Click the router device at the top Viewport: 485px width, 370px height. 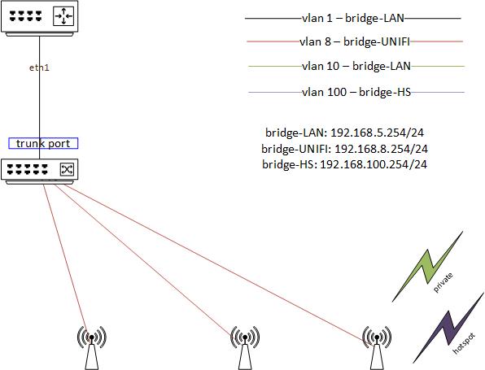pos(40,16)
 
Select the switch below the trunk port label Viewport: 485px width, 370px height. pos(40,170)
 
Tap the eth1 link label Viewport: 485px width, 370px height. pos(39,67)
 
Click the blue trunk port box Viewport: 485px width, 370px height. pos(43,143)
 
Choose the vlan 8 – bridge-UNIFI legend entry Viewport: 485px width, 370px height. pos(352,41)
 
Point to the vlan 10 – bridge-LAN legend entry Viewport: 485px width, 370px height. pos(352,67)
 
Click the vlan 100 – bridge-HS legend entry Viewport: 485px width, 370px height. pos(352,92)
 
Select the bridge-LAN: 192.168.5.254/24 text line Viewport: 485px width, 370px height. pos(346,133)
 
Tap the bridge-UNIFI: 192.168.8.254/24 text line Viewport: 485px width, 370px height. pos(346,149)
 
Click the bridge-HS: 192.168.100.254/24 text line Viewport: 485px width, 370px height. pos(346,164)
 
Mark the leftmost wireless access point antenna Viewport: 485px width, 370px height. pos(91,345)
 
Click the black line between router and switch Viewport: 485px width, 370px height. pos(39,106)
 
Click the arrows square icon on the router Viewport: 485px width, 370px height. pos(63,15)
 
